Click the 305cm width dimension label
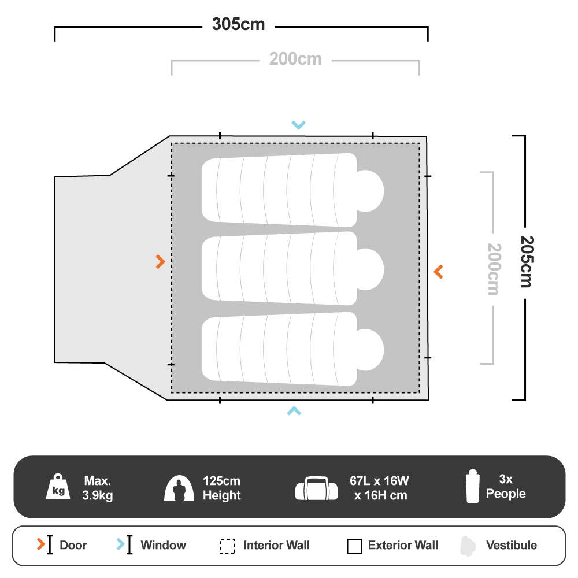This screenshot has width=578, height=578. (x=239, y=24)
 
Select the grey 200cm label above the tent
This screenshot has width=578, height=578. (x=295, y=59)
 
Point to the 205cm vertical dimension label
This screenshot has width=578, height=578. (x=527, y=262)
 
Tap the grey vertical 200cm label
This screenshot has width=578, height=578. (x=494, y=269)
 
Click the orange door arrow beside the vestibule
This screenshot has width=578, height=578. (x=160, y=262)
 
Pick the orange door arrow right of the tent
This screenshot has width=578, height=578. (x=438, y=272)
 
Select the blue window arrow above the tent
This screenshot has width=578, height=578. (x=299, y=125)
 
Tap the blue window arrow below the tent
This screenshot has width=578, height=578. (x=294, y=410)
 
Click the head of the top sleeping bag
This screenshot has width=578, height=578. (x=370, y=191)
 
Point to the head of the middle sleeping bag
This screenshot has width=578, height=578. (x=370, y=269)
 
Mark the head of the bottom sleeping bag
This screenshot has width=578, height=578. (x=370, y=350)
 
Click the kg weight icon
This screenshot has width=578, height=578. (x=58, y=487)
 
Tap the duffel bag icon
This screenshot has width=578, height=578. (x=317, y=488)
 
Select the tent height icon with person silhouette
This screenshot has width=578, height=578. (x=179, y=488)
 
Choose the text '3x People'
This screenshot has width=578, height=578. (x=506, y=486)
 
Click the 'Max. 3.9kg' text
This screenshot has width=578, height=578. (x=98, y=488)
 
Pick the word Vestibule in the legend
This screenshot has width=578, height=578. (x=512, y=545)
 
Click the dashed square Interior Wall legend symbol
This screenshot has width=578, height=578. (x=227, y=546)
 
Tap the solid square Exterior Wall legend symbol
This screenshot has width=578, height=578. (x=355, y=546)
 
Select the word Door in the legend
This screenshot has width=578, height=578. (x=73, y=545)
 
